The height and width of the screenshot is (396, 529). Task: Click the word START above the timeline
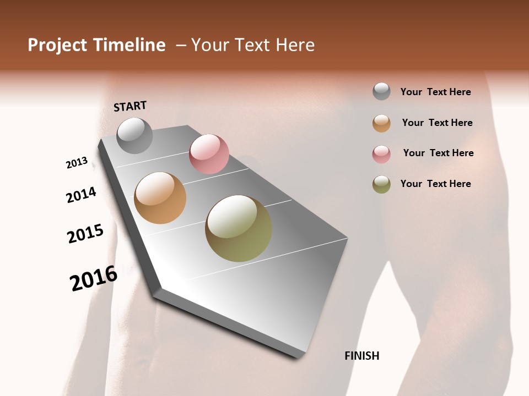point(130,106)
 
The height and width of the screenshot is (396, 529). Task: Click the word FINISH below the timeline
point(362,356)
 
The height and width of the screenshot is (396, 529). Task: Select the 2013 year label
point(77,163)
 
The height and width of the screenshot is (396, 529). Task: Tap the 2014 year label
point(82,195)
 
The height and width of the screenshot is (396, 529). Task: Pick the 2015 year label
point(85,234)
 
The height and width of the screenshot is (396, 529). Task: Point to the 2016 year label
point(94,278)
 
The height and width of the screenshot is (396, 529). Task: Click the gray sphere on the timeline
point(134,135)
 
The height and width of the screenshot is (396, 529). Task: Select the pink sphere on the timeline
point(209,154)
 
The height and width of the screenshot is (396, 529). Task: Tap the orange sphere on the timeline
point(160,198)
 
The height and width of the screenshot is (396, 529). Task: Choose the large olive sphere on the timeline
point(239,228)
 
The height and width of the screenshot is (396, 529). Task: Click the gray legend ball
point(381,91)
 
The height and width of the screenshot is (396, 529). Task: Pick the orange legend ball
point(381,123)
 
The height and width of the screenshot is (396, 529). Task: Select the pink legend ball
point(381,154)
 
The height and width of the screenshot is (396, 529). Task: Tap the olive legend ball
point(381,184)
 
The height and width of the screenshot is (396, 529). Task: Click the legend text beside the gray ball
point(435,92)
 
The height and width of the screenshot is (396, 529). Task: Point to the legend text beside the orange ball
point(437,123)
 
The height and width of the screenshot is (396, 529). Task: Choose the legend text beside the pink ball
point(438,153)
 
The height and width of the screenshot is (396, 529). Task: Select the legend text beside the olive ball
point(435,184)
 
